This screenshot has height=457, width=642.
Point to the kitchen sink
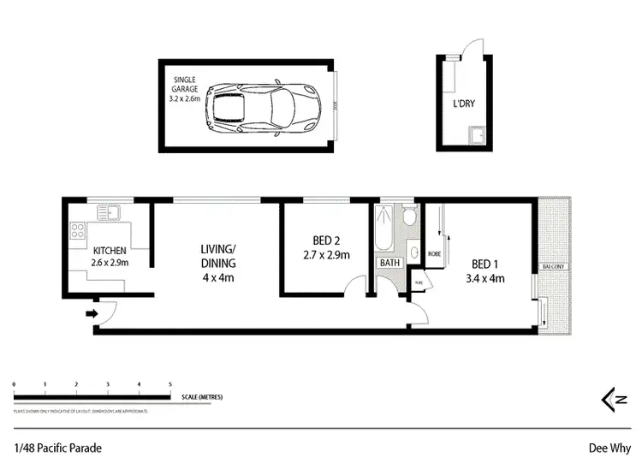(110, 211)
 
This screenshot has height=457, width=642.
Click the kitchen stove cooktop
(76, 229)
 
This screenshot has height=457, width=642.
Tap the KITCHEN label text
(110, 250)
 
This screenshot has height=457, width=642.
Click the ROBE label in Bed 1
(433, 254)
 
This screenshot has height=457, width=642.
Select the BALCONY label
(551, 268)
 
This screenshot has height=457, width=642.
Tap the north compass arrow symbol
(610, 398)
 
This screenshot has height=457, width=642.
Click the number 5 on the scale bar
(170, 386)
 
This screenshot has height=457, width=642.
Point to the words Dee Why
(609, 446)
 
